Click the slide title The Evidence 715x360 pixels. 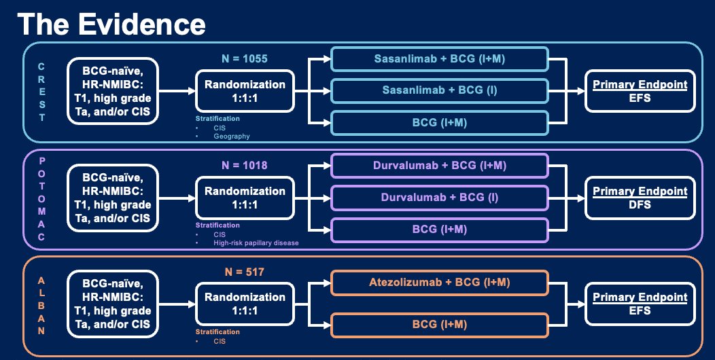pos(111,24)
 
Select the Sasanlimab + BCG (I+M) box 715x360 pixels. pos(440,59)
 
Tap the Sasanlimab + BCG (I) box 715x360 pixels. pos(440,91)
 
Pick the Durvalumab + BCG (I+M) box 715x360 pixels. pos(440,166)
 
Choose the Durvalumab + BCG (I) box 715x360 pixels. pos(440,198)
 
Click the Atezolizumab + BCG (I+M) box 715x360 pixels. pos(440,283)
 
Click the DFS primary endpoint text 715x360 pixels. pos(640,204)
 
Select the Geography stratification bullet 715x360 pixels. pos(231,137)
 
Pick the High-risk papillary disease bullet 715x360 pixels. pos(256,243)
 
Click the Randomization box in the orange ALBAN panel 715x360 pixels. pos(245,304)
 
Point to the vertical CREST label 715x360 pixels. pos(41,92)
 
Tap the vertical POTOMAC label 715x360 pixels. pos(41,198)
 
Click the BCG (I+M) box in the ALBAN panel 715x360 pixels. pos(440,325)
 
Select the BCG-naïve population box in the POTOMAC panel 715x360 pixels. pos(113,198)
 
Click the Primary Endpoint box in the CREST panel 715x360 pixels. pos(640,91)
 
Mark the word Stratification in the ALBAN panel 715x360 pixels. pos(217,331)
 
